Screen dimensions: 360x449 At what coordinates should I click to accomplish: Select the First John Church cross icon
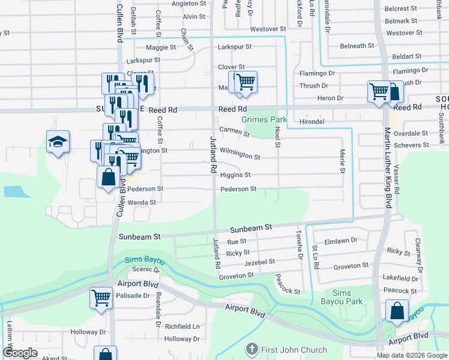click(x=252, y=349)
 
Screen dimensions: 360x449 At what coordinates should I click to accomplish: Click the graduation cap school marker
click(x=58, y=142)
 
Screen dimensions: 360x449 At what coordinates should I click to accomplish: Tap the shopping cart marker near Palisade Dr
click(x=101, y=297)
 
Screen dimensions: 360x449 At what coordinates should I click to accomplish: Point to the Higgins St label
click(x=235, y=175)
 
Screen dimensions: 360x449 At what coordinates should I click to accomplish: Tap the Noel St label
click(x=277, y=135)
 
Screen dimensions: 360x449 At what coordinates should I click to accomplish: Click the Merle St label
click(x=343, y=162)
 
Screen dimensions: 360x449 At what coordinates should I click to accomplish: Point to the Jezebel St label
click(x=259, y=262)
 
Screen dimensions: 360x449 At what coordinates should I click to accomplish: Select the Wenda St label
click(x=142, y=203)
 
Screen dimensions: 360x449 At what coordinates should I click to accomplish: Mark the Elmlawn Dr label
click(x=340, y=240)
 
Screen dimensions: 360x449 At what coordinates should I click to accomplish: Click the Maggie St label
click(x=160, y=47)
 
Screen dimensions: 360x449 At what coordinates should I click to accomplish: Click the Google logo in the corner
click(x=20, y=353)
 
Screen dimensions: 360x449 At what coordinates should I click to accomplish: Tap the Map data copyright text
click(x=412, y=355)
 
